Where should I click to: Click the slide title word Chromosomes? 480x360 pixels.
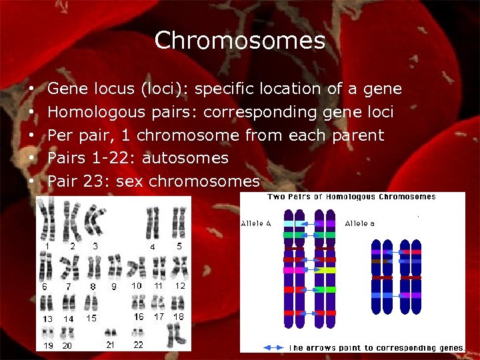point(239,41)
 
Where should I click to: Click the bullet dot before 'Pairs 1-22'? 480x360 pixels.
point(32,158)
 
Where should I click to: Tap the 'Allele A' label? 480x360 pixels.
point(256,224)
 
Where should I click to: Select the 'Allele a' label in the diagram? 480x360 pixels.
point(360,224)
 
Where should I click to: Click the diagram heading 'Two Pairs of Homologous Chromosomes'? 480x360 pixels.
point(352,197)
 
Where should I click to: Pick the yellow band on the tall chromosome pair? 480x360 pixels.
point(326,270)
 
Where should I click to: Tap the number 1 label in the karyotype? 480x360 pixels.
point(47,246)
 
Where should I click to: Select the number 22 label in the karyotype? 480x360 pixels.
point(138,345)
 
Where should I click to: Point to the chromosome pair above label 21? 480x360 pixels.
point(110,332)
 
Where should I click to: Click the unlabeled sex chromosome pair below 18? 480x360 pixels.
point(176,333)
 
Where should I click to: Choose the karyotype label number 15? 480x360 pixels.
point(91,319)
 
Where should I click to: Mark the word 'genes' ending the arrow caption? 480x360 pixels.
point(449,348)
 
